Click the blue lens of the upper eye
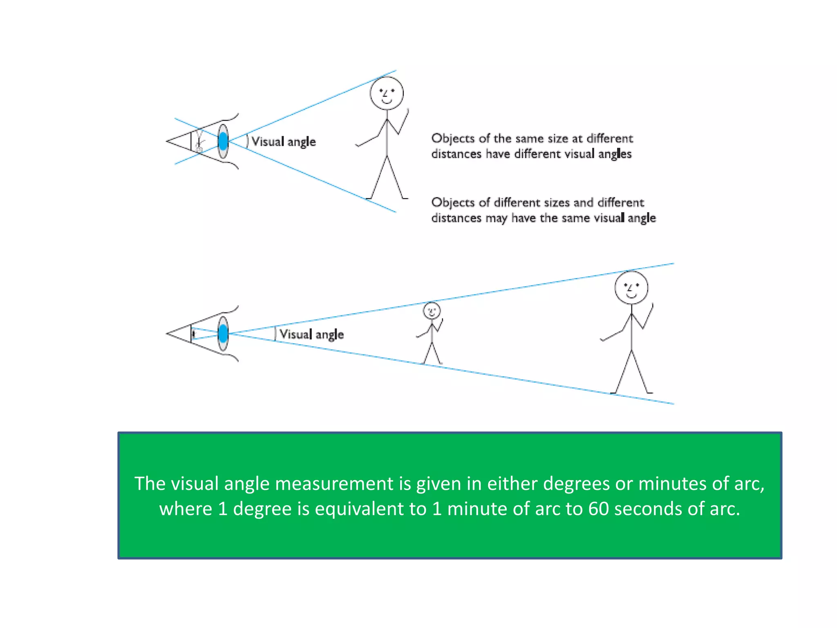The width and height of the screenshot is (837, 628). click(x=223, y=141)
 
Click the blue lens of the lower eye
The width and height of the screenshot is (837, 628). click(x=223, y=334)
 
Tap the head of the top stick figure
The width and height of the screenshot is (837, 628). click(x=387, y=93)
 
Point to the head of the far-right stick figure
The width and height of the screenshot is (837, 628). click(x=631, y=287)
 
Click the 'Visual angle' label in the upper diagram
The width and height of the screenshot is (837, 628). click(x=284, y=141)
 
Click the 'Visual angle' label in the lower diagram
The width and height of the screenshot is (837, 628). click(x=311, y=334)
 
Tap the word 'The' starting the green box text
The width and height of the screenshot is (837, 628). click(x=150, y=484)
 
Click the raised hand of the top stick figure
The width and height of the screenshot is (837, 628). click(x=407, y=111)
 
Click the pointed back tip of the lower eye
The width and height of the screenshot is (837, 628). click(x=168, y=334)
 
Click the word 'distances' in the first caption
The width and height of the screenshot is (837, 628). click(x=456, y=154)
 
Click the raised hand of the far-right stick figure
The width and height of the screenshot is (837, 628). click(x=652, y=306)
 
